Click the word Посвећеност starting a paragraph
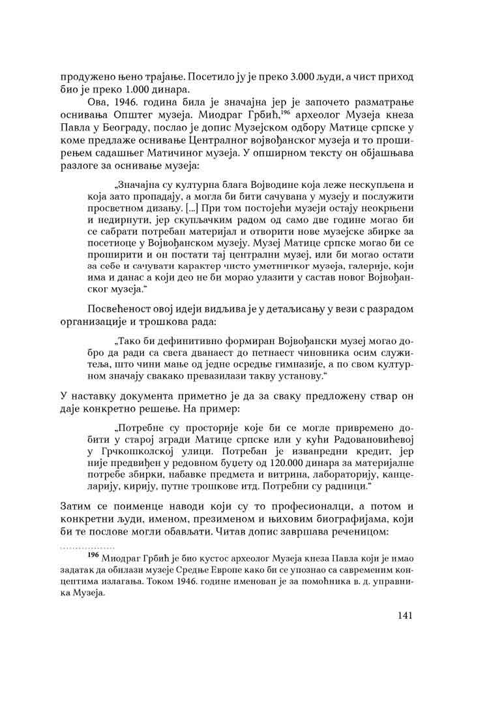(x=120, y=308)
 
